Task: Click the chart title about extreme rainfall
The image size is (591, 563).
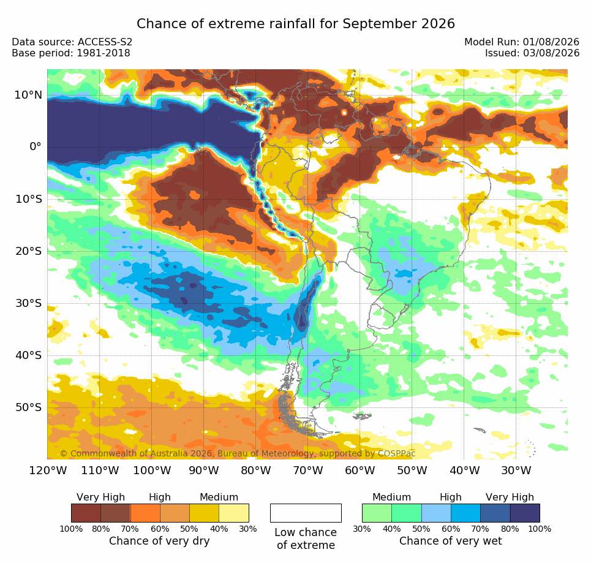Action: [295, 24]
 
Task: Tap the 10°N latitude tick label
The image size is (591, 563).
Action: [28, 95]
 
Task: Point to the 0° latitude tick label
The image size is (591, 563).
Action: [36, 146]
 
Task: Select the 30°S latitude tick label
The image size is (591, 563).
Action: [28, 303]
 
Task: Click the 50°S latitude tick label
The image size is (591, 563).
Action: [28, 407]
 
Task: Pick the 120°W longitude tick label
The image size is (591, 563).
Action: [48, 470]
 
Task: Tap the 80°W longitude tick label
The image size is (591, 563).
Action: [256, 470]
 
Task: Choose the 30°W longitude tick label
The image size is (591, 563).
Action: [516, 470]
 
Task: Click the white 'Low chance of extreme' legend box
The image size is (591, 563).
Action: [306, 513]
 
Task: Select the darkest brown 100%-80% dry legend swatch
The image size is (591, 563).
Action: [86, 513]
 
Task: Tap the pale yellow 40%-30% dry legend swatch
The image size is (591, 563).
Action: [234, 513]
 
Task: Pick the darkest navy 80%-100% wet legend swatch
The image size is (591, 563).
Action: [525, 513]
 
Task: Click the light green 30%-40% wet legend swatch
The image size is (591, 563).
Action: [377, 513]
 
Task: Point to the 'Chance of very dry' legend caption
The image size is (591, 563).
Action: [159, 541]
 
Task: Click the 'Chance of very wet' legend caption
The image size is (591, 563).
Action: [450, 541]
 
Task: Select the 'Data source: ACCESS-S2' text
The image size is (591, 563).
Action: [72, 42]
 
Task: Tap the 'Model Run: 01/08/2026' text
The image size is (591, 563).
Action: [522, 42]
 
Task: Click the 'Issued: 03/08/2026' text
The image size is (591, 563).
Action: [532, 53]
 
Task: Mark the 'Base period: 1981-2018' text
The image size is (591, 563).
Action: [71, 53]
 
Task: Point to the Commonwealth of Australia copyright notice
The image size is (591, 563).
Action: [238, 453]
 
